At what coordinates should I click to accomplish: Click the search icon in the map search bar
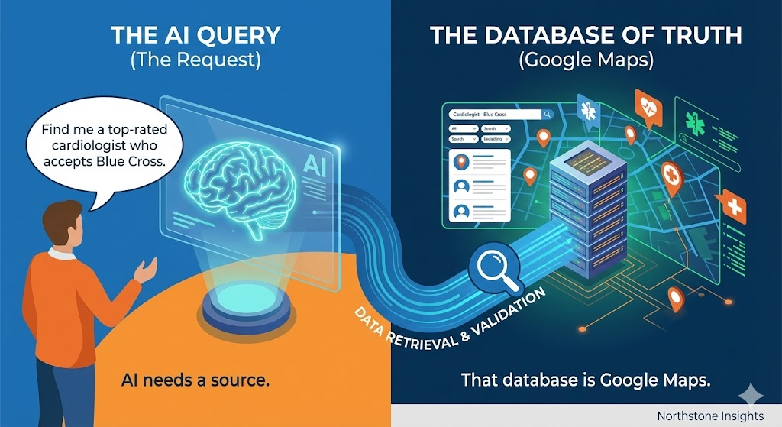547,115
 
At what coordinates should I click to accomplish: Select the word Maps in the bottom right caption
687,380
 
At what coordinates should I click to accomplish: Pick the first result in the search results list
480,162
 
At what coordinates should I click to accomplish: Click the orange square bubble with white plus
734,206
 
